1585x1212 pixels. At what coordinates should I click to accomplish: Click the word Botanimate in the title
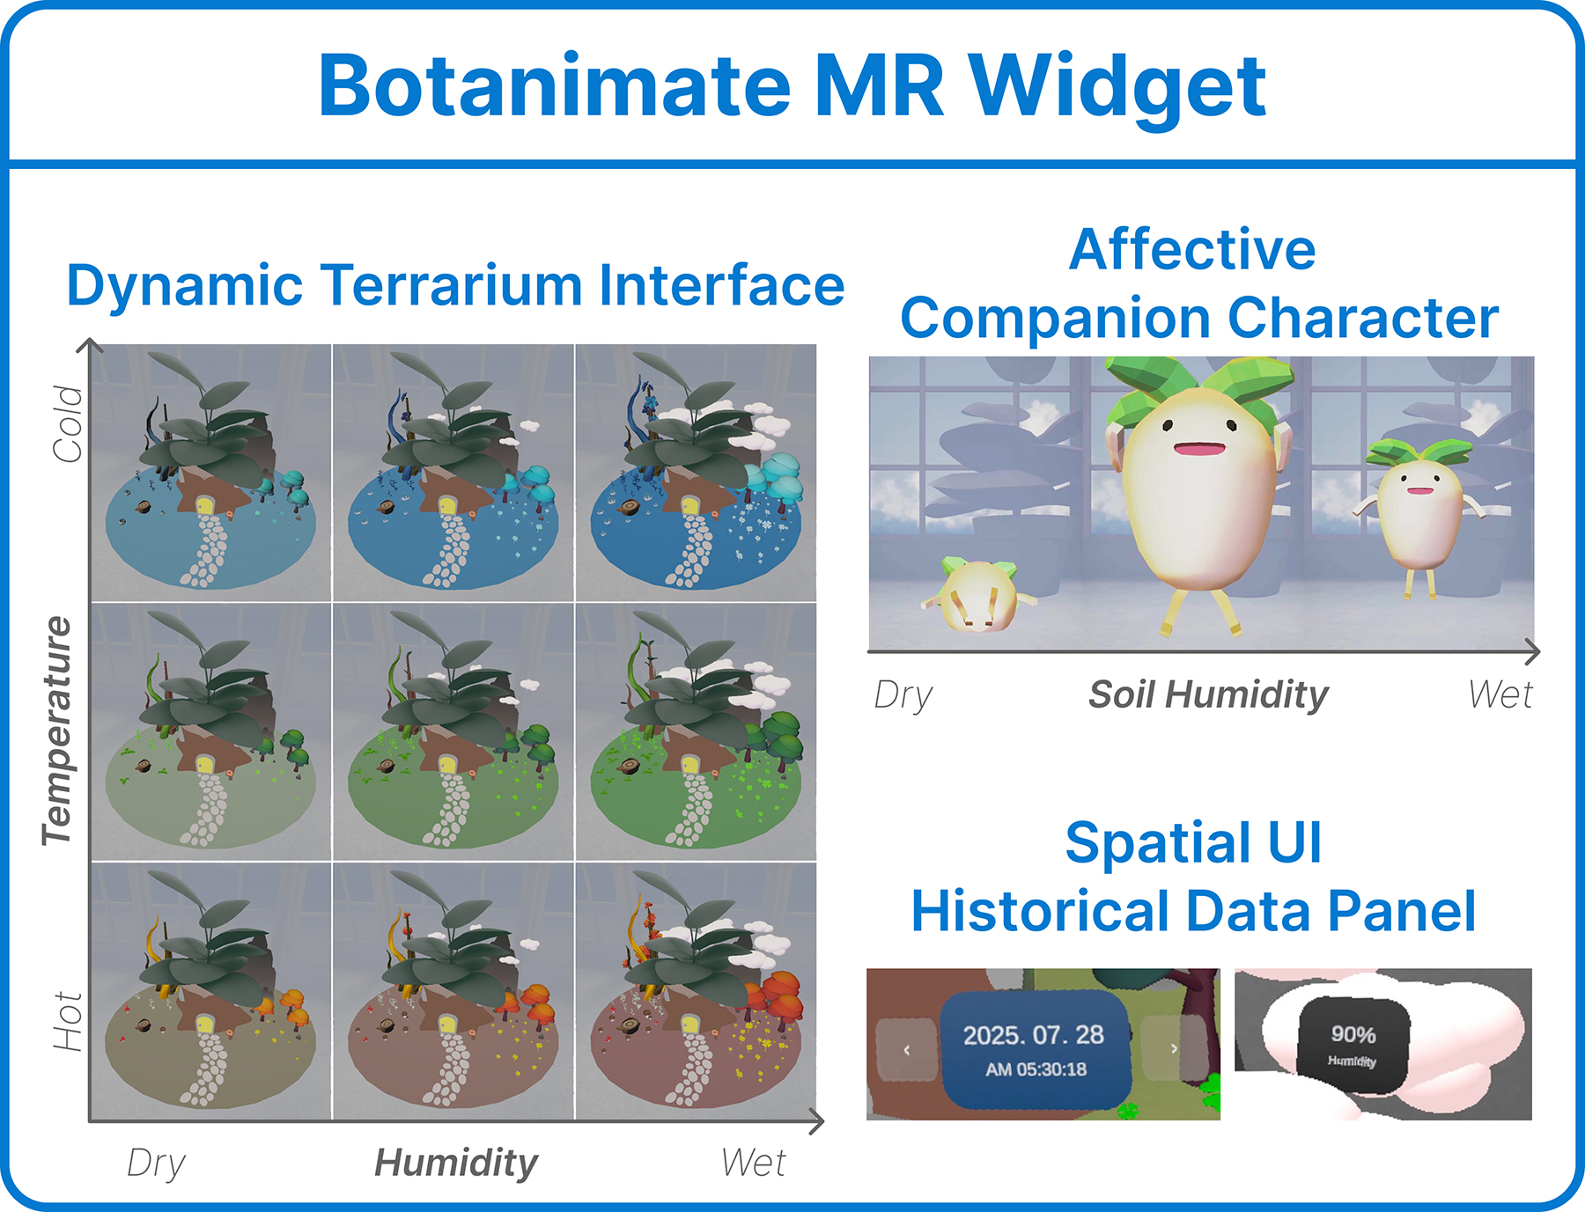pyautogui.click(x=555, y=85)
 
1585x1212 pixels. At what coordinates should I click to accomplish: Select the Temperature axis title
pyautogui.click(x=58, y=731)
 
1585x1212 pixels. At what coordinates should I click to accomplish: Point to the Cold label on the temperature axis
pyautogui.click(x=68, y=423)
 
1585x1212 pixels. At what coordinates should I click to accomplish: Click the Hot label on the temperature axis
pyautogui.click(x=68, y=1021)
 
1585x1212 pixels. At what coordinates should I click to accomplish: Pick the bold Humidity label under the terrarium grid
pyautogui.click(x=456, y=1163)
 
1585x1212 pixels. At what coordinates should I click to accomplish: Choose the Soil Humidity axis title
pyautogui.click(x=1208, y=694)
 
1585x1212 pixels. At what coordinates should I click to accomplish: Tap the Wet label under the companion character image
pyautogui.click(x=1500, y=694)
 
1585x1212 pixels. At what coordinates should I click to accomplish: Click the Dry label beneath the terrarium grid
pyautogui.click(x=156, y=1164)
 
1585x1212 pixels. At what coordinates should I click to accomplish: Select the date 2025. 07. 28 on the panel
pyautogui.click(x=1034, y=1034)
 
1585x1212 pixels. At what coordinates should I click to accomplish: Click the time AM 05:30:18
pyautogui.click(x=1036, y=1069)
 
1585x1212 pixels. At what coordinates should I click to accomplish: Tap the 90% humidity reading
pyautogui.click(x=1353, y=1034)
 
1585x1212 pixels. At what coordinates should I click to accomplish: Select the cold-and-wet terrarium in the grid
pyautogui.click(x=696, y=473)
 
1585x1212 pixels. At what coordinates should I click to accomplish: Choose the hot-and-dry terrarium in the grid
pyautogui.click(x=210, y=991)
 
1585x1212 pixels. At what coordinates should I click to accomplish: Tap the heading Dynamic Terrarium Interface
pyautogui.click(x=455, y=286)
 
